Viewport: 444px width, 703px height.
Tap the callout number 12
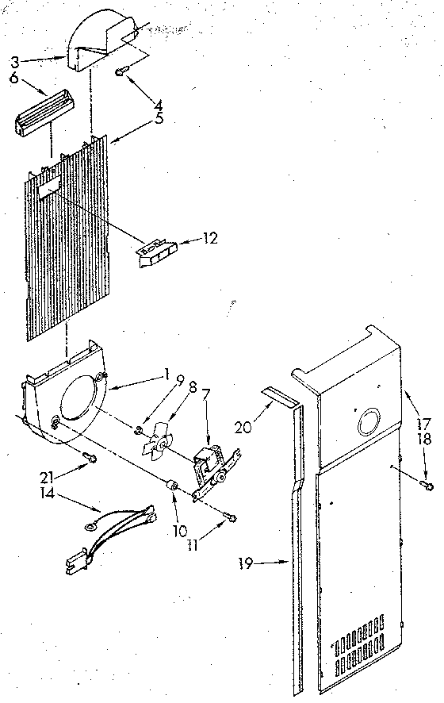coord(210,237)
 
